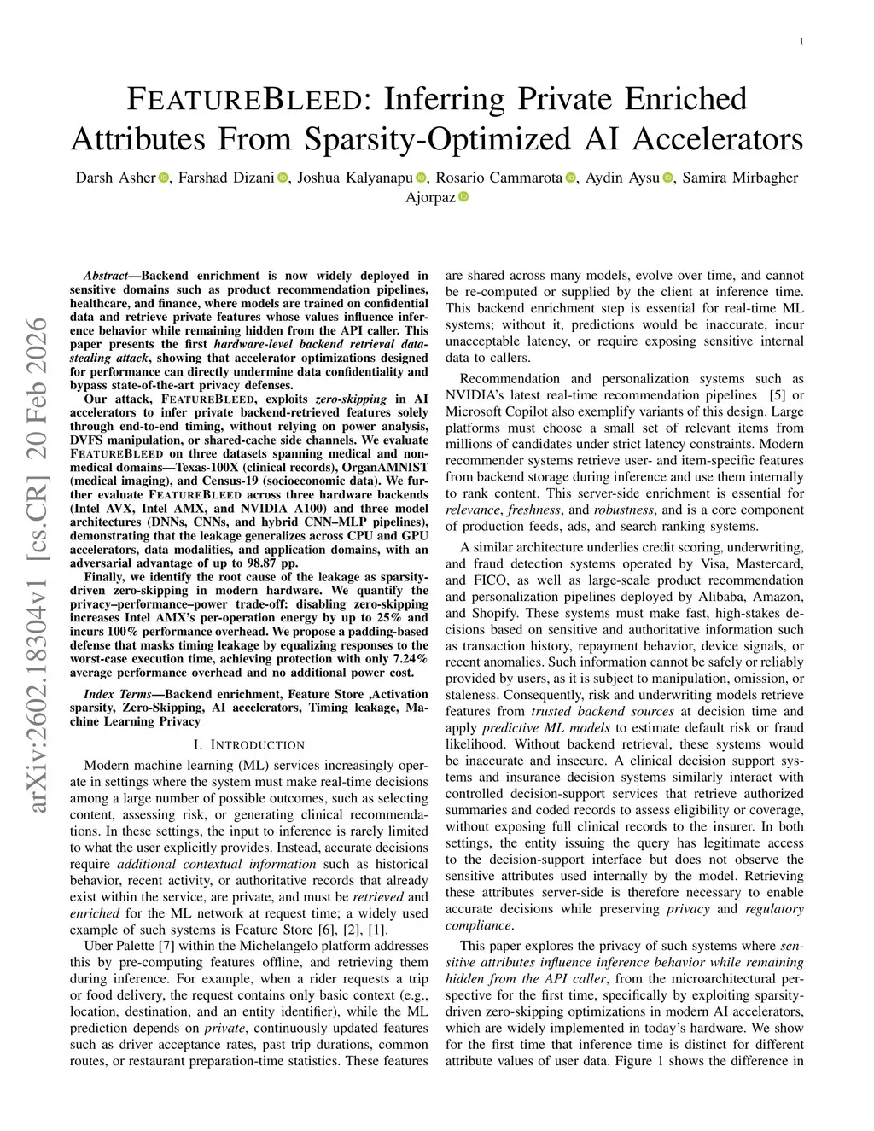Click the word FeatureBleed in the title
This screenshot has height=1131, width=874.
click(243, 100)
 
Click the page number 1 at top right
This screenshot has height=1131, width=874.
click(802, 42)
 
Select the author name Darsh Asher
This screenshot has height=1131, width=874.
click(115, 178)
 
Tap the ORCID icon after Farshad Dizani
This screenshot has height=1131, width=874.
click(283, 178)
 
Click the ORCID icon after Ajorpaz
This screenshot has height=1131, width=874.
click(463, 197)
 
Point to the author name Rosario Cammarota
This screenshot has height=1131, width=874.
click(499, 178)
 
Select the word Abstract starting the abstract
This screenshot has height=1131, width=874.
click(104, 276)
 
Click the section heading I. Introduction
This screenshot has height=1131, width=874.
click(248, 744)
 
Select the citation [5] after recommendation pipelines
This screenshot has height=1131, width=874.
click(777, 395)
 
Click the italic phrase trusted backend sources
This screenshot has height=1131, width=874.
click(603, 711)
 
